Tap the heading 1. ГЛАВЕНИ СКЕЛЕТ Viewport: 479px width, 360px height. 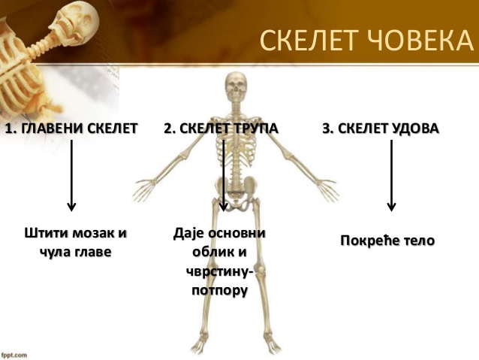point(71,129)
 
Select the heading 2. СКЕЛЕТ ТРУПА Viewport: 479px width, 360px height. point(221,129)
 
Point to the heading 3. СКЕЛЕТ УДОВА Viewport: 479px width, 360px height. point(381,129)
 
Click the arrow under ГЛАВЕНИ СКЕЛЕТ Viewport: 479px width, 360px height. point(71,176)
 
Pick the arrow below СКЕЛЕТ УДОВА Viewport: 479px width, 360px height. point(391,176)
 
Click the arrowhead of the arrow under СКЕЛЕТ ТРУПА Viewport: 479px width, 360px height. point(224,207)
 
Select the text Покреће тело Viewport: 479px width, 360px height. point(387,241)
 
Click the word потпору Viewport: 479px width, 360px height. point(220,291)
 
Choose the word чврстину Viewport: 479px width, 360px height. point(218,271)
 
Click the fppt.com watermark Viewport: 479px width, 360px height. point(14,355)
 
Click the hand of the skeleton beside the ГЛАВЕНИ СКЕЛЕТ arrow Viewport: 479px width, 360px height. point(143,190)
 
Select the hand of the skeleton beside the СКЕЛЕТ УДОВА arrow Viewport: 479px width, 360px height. point(328,190)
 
